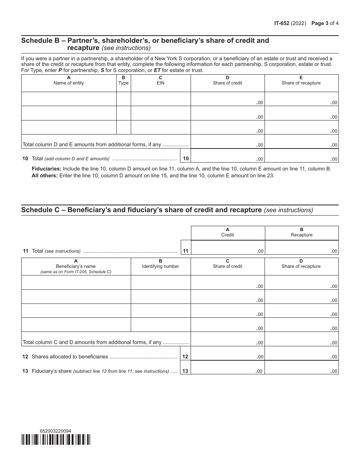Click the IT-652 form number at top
[282, 23]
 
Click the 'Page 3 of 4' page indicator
[325, 23]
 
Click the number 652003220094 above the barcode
[55, 431]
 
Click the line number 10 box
[186, 159]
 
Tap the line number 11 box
[186, 251]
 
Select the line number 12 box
[186, 357]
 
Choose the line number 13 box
[186, 371]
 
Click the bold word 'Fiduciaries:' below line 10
[47, 169]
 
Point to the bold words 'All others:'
[45, 176]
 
